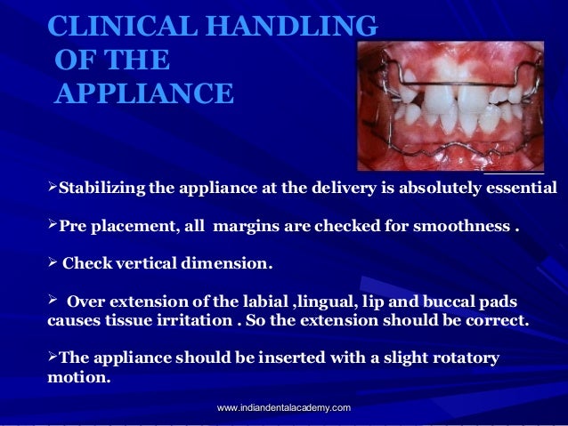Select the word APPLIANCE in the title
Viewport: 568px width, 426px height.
pos(144,92)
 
